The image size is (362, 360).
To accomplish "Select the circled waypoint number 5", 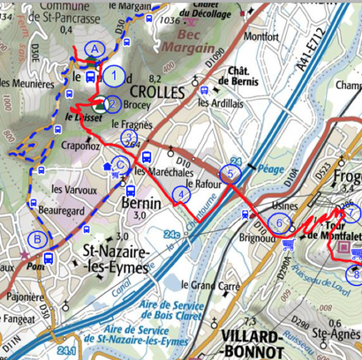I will (231, 174).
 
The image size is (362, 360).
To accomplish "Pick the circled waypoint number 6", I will (280, 224).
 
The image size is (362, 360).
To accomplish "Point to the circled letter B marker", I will (37, 238).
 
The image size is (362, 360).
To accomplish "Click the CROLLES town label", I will (157, 92).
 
